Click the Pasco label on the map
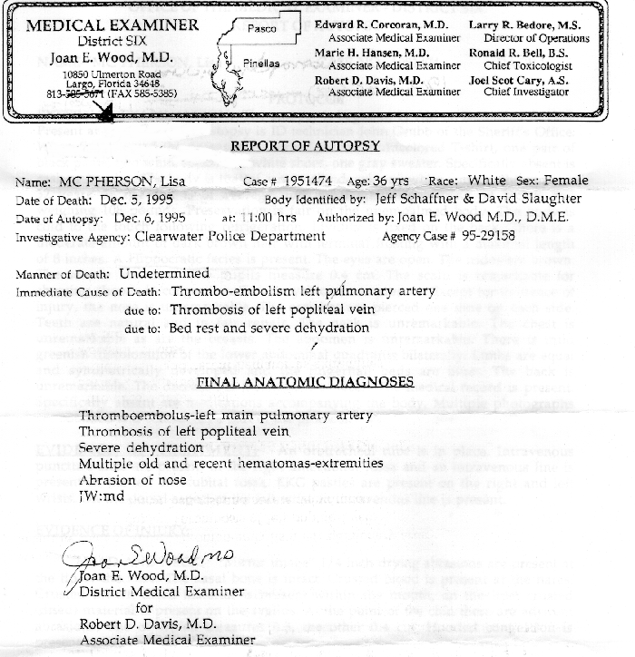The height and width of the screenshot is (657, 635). click(x=262, y=30)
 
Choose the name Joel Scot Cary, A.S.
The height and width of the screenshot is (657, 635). click(x=522, y=80)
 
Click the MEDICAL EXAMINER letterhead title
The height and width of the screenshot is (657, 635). click(x=112, y=25)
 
